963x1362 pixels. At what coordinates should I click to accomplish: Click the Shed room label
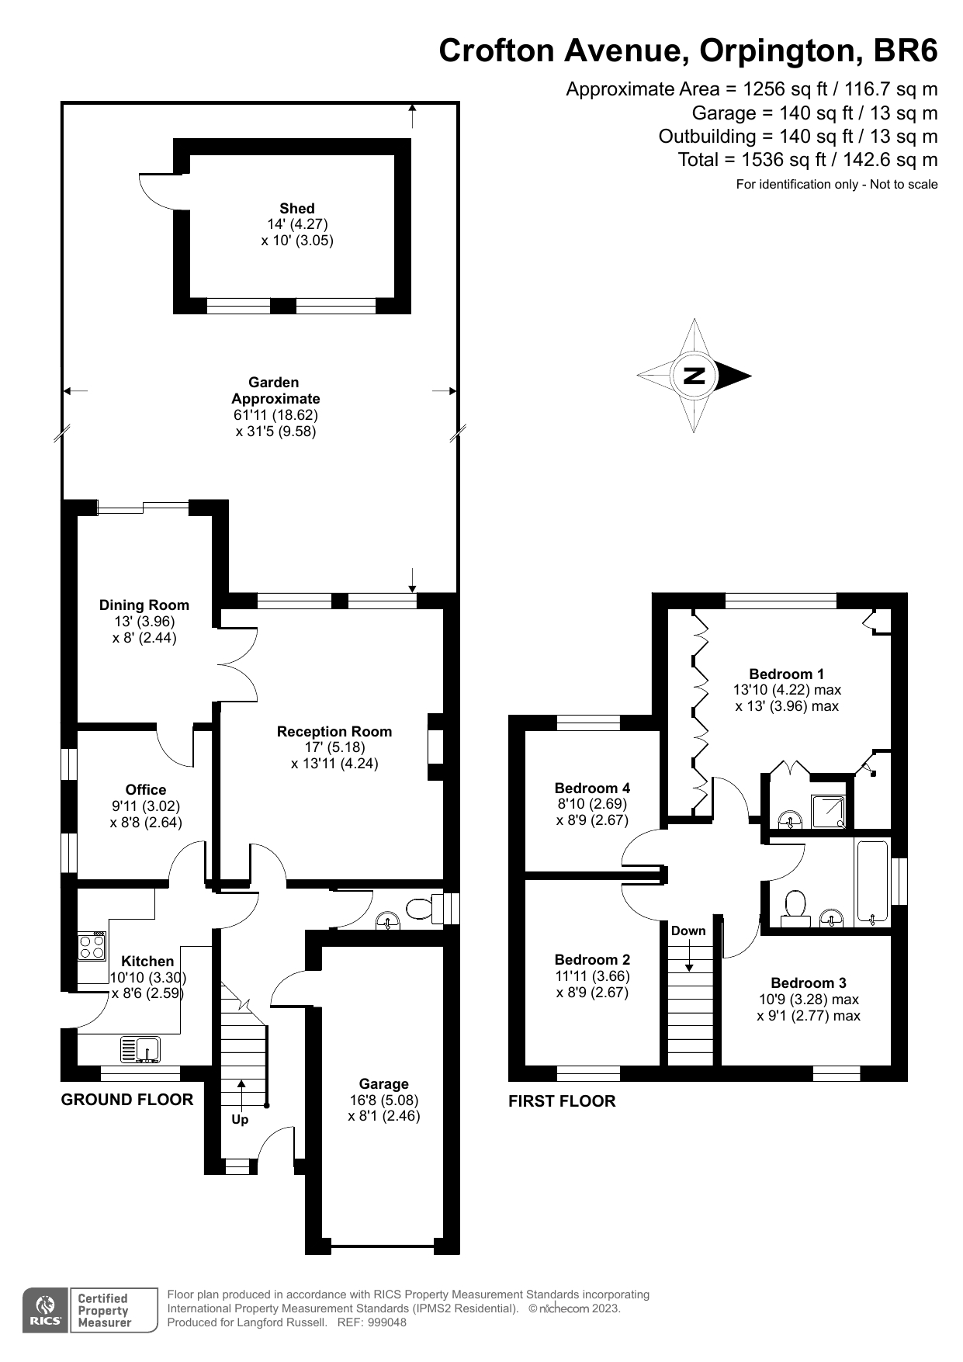pyautogui.click(x=297, y=208)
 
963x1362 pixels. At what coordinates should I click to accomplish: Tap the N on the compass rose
pyautogui.click(x=694, y=376)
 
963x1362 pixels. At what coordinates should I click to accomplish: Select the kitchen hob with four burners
pyautogui.click(x=92, y=946)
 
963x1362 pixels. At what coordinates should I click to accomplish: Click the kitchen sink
pyautogui.click(x=140, y=1049)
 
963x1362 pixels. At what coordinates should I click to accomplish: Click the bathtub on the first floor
pyautogui.click(x=872, y=882)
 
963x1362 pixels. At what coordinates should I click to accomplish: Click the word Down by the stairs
pyautogui.click(x=688, y=931)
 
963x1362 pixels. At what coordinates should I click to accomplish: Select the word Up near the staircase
pyautogui.click(x=240, y=1120)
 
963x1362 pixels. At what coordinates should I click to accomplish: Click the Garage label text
pyautogui.click(x=383, y=1083)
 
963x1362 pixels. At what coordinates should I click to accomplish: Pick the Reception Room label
pyautogui.click(x=334, y=731)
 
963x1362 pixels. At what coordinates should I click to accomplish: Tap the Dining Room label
pyautogui.click(x=144, y=605)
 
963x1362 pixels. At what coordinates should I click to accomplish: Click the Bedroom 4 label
pyautogui.click(x=592, y=788)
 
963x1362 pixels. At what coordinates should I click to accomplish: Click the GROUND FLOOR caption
pyautogui.click(x=127, y=1099)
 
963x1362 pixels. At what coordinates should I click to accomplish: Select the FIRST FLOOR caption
pyautogui.click(x=562, y=1100)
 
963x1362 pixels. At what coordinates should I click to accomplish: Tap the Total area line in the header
pyautogui.click(x=807, y=160)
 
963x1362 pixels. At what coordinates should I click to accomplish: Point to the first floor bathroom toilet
pyautogui.click(x=795, y=906)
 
